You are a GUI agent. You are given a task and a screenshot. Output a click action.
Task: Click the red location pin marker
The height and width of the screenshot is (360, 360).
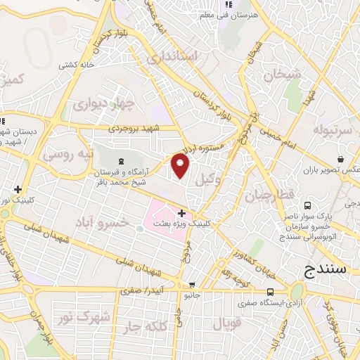click(181, 166)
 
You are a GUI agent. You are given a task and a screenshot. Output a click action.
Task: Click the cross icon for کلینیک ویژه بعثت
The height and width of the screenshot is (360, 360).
click(181, 212)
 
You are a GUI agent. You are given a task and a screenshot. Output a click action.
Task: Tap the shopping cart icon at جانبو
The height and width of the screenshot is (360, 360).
click(191, 285)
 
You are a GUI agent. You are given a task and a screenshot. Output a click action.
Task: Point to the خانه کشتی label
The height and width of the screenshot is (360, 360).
click(76, 65)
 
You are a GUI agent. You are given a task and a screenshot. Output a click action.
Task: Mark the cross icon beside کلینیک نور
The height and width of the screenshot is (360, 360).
click(17, 188)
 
